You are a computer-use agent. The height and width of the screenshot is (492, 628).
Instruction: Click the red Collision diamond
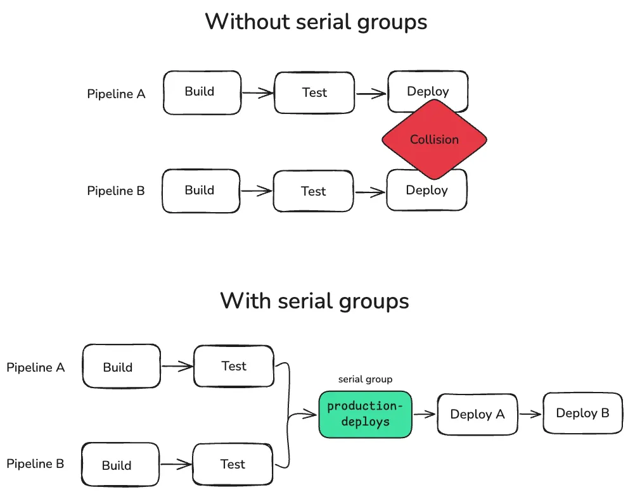tap(434, 139)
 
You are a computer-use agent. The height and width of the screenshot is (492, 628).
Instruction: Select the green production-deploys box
tap(365, 414)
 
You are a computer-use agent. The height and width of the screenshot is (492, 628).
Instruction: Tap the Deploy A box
tap(477, 414)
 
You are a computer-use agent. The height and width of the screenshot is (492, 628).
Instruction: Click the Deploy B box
tap(582, 413)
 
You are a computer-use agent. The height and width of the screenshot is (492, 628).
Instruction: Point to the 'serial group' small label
tap(365, 379)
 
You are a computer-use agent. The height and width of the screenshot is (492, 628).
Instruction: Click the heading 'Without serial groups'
tap(316, 22)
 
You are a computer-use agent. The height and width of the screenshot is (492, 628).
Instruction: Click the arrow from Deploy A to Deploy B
tap(530, 414)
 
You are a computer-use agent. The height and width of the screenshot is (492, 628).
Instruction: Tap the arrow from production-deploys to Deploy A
tap(424, 415)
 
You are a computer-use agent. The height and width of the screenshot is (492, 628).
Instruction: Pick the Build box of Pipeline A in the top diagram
tap(202, 92)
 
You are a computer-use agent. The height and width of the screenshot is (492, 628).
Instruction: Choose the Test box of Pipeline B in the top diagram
tap(313, 191)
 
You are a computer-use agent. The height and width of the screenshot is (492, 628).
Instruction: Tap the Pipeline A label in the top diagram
tap(116, 94)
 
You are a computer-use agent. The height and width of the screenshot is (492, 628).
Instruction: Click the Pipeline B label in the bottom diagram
tap(35, 464)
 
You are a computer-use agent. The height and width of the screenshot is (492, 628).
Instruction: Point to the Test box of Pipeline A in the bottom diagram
tap(233, 366)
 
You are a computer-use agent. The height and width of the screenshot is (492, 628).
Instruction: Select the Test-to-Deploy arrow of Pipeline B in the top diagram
tap(370, 191)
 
